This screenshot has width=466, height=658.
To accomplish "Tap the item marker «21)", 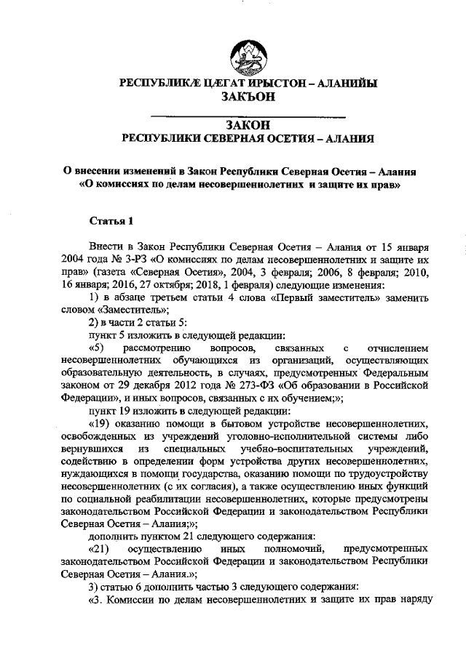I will (98, 557).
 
